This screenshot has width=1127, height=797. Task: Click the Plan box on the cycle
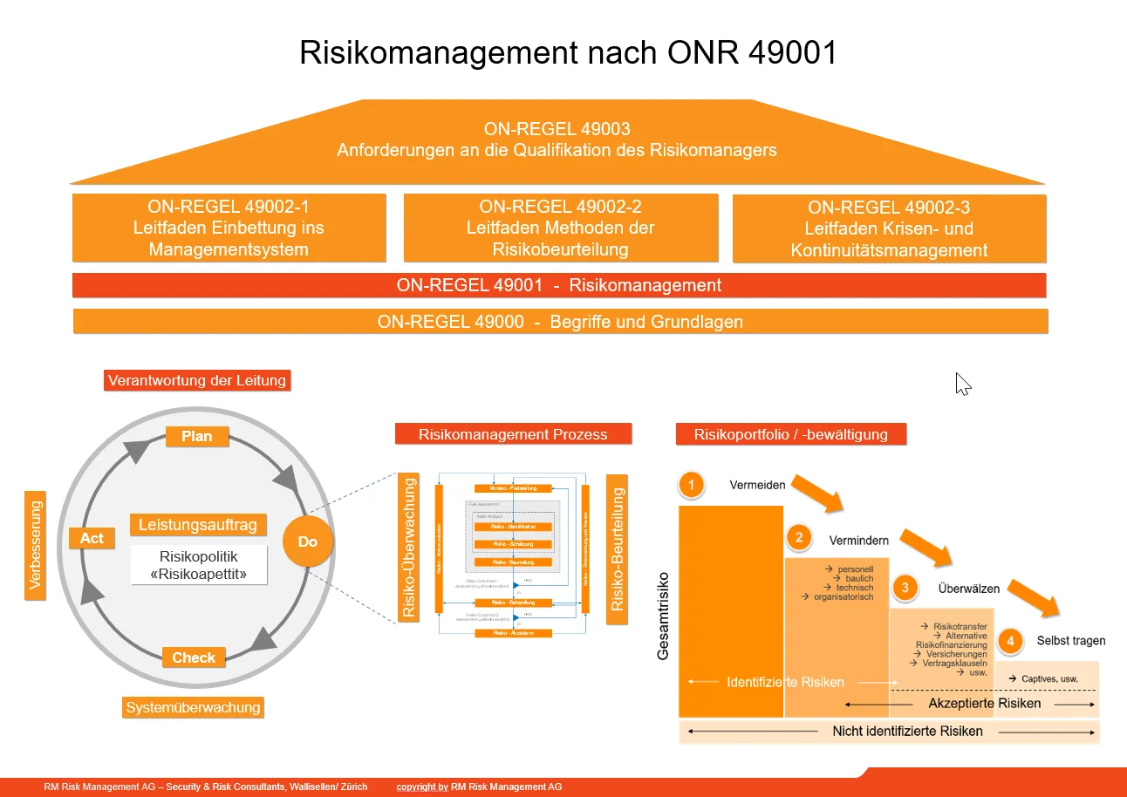197,436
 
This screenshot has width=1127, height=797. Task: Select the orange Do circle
307,542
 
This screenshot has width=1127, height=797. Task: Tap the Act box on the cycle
92,538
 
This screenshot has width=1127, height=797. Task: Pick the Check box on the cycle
194,657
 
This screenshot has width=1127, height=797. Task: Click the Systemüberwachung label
193,707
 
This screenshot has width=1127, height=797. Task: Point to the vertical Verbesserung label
35,545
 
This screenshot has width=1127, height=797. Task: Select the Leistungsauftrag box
198,525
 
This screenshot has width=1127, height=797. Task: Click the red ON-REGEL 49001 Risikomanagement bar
558,285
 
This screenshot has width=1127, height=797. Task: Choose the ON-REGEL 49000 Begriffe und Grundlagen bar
560,322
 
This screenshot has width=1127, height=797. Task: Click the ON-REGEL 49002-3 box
889,228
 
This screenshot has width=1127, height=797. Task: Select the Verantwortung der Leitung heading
196,380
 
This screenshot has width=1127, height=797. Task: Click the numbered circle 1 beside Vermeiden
692,485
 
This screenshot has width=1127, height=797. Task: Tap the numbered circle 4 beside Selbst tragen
1010,641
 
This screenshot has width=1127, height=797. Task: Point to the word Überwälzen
968,589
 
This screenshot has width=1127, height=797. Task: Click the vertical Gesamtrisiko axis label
663,615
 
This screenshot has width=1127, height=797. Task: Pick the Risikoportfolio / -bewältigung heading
790,433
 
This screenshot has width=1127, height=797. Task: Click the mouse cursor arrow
962,384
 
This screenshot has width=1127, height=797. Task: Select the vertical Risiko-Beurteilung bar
618,548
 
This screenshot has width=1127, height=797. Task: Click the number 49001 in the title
792,52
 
